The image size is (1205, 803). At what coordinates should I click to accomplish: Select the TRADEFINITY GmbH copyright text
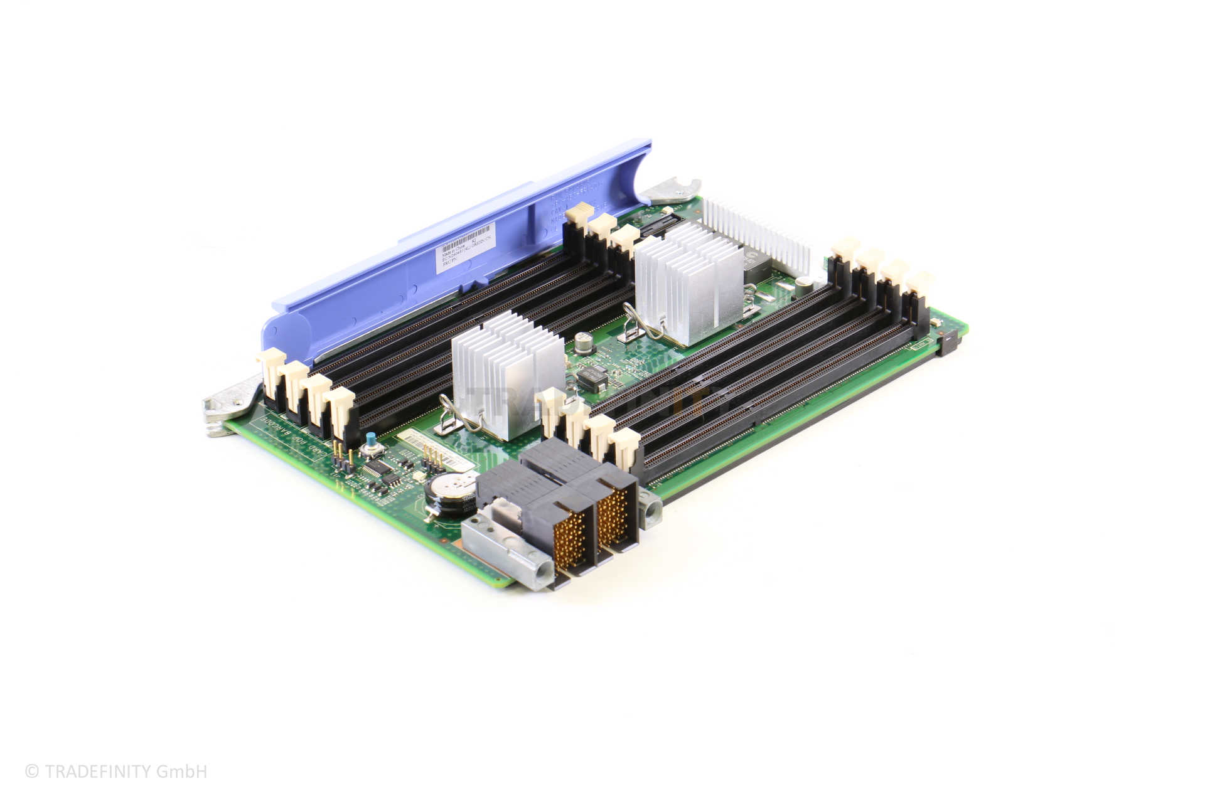pyautogui.click(x=116, y=771)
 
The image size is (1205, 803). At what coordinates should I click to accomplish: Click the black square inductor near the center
pyautogui.click(x=592, y=378)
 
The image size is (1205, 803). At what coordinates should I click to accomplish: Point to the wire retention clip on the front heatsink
pyautogui.click(x=460, y=419)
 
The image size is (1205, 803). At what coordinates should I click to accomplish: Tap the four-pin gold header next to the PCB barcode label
pyautogui.click(x=433, y=460)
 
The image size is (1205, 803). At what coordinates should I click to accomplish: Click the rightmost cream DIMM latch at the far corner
pyautogui.click(x=920, y=284)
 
